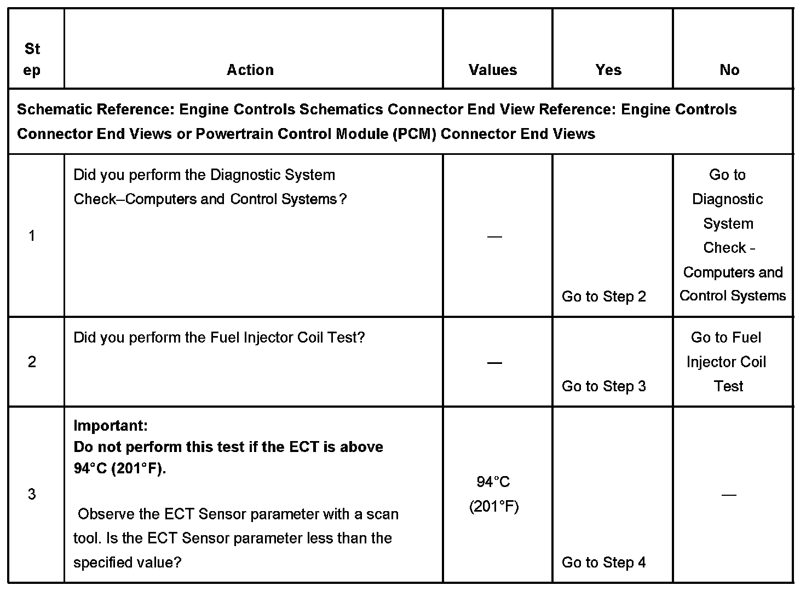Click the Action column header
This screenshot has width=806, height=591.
[250, 70]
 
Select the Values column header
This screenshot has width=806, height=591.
[493, 70]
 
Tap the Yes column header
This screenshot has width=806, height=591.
[608, 70]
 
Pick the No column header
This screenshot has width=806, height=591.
[729, 70]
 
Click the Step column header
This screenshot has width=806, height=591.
[32, 60]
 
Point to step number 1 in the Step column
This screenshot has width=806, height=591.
[32, 236]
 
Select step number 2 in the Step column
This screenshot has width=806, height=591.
[32, 362]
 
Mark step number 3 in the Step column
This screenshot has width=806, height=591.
[32, 495]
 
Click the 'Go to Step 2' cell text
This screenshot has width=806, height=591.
[604, 297]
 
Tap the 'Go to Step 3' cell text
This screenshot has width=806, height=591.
[604, 386]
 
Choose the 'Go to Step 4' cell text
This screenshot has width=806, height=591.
[604, 563]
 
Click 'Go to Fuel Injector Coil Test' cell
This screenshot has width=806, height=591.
[727, 362]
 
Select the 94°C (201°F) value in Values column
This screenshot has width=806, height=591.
[493, 494]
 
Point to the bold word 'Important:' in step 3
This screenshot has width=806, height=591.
[111, 425]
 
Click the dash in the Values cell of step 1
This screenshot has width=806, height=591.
[494, 236]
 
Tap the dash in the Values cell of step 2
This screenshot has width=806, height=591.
[494, 363]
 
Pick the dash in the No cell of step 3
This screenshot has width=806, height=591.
[729, 495]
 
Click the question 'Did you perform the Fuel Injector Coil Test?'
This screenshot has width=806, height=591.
[219, 338]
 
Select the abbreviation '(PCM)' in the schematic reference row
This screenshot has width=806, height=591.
[414, 134]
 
